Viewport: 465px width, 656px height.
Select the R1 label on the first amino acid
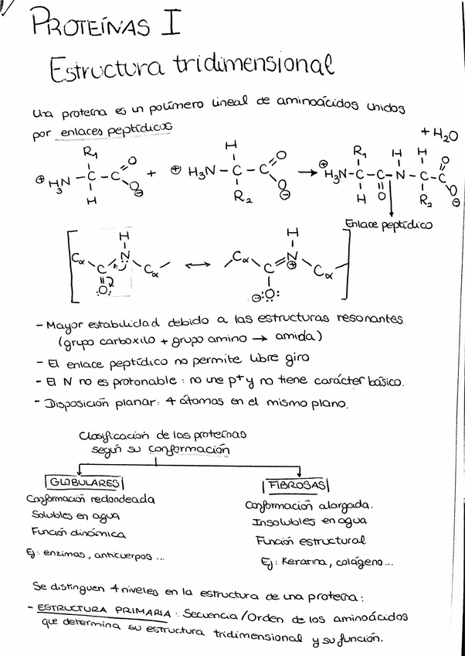tap(90, 152)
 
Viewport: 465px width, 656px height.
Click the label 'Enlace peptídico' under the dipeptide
tap(389, 225)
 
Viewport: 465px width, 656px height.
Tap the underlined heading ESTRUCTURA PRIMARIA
tap(107, 610)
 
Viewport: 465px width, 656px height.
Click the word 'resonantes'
tap(373, 319)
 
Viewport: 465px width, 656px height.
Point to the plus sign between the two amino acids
tap(151, 173)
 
